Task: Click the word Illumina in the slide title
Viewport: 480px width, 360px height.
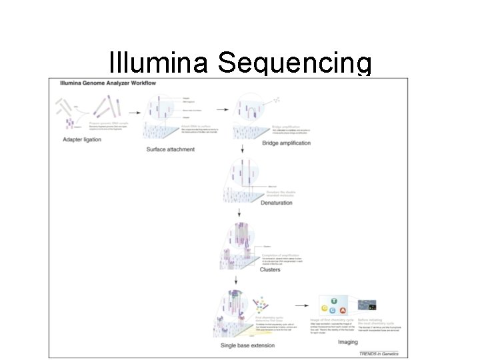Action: [158, 63]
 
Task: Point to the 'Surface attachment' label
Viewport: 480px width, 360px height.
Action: [170, 149]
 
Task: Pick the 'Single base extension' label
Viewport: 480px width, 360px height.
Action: [250, 345]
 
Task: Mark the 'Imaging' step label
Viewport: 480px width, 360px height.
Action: [347, 342]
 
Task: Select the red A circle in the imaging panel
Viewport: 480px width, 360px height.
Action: [343, 311]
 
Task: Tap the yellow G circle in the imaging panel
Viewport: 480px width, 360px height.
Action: [325, 308]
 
